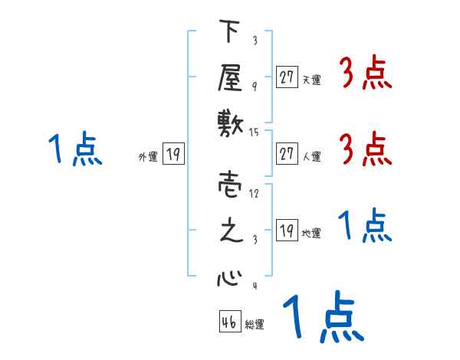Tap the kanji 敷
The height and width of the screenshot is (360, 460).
[x=229, y=122]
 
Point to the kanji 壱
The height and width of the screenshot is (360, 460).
[x=229, y=185]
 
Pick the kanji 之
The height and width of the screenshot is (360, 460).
[x=229, y=231]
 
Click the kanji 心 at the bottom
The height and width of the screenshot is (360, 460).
[x=229, y=277]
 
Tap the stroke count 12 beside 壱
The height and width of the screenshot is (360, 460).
[x=255, y=193]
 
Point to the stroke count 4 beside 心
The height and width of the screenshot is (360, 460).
[x=255, y=286]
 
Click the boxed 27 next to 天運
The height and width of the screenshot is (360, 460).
[x=287, y=77]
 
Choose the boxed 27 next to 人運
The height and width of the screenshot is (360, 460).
[x=287, y=154]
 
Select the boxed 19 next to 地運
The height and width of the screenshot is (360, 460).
[x=287, y=231]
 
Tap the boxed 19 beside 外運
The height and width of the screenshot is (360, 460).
[x=173, y=154]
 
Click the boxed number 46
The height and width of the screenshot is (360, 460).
[x=228, y=322]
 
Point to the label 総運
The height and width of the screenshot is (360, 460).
[x=255, y=325]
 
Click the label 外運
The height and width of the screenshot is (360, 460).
[x=148, y=156]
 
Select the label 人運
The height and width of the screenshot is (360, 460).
[x=312, y=156]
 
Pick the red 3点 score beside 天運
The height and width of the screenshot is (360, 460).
[x=365, y=74]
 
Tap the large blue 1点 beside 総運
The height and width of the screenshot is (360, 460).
[x=322, y=316]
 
